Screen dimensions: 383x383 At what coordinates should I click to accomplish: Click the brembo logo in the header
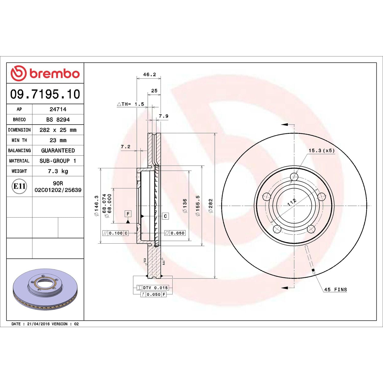pos(45,73)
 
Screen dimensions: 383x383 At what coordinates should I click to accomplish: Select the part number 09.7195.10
pos(45,94)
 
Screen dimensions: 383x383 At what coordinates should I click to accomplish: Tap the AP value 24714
pos(58,109)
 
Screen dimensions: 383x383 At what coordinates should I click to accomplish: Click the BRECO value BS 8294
pos(58,119)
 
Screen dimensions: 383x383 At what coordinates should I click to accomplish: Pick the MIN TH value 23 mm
pos(58,140)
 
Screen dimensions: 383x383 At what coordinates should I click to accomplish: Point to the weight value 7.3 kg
pos(58,171)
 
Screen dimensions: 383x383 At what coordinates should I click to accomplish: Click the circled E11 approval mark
pos(19,186)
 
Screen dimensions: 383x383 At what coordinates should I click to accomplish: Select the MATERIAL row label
pos(19,161)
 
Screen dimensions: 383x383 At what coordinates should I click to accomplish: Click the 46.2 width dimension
pos(149,75)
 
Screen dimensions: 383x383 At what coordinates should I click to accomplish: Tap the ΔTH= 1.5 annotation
pos(130,104)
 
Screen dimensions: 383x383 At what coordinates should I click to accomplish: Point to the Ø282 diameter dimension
pos(210,206)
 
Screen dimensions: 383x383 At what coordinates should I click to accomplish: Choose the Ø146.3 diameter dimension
pos(96,206)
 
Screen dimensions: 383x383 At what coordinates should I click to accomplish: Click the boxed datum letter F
pos(128,214)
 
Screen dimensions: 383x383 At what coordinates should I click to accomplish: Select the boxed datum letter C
pos(165,216)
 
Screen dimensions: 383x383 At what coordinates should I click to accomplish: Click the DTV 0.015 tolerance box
pos(152,288)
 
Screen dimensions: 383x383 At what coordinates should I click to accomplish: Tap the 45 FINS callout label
pos(336,290)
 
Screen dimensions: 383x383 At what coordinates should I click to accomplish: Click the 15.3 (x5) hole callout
pos(321,151)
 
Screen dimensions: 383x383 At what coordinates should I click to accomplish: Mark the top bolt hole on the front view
pos(294,176)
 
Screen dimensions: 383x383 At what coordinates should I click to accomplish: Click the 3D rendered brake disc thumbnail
pos(45,289)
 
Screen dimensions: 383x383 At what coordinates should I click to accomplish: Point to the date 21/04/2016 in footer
pos(38,324)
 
